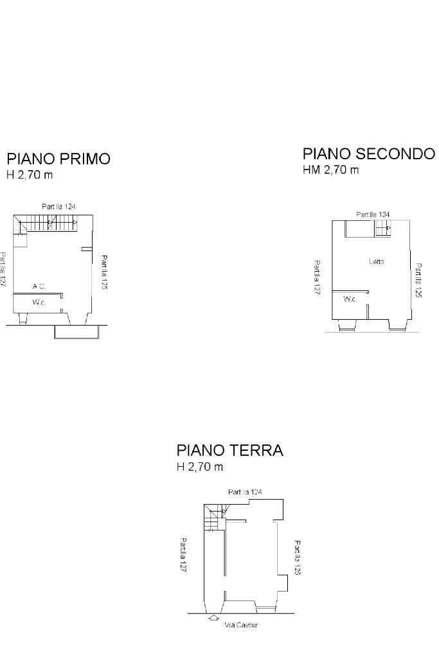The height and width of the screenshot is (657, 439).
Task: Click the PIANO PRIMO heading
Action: pyautogui.click(x=58, y=159)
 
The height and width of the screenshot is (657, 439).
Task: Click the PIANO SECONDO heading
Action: pyautogui.click(x=368, y=154)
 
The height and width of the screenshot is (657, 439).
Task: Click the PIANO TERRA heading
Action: pyautogui.click(x=229, y=451)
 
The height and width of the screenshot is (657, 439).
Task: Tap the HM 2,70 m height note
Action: pyautogui.click(x=330, y=170)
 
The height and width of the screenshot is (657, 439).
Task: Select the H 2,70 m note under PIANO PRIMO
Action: pyautogui.click(x=30, y=175)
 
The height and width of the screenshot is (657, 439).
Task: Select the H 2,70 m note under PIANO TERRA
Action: pyautogui.click(x=200, y=467)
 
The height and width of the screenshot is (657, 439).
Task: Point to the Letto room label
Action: pyautogui.click(x=377, y=261)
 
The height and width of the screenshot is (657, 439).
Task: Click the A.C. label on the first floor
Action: pyautogui.click(x=39, y=287)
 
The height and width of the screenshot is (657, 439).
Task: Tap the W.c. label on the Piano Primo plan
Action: pyautogui.click(x=39, y=301)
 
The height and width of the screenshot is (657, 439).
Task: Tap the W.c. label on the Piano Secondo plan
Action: pyautogui.click(x=350, y=299)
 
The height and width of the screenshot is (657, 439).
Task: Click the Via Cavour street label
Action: pyautogui.click(x=241, y=625)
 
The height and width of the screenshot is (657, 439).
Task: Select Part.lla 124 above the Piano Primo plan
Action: pyautogui.click(x=58, y=207)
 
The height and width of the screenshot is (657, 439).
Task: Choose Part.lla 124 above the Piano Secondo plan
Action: pyautogui.click(x=373, y=215)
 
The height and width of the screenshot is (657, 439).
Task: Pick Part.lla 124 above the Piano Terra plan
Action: pyautogui.click(x=245, y=492)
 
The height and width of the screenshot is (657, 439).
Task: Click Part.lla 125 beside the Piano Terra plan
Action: pyautogui.click(x=298, y=557)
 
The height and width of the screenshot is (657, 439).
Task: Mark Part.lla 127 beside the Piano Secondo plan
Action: pyautogui.click(x=318, y=277)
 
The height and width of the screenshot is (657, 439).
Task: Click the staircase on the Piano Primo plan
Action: pyautogui.click(x=48, y=224)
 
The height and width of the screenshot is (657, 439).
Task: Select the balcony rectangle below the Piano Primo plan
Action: pyautogui.click(x=76, y=331)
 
